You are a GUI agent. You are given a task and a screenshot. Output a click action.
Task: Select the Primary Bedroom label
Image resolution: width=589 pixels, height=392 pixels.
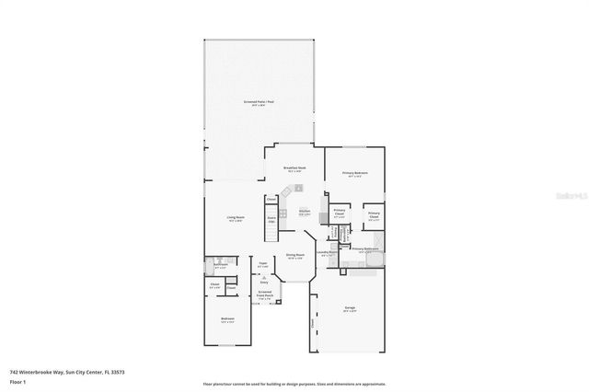[x=354, y=173]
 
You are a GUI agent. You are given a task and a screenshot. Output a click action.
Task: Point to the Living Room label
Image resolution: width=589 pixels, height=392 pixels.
[x=235, y=218]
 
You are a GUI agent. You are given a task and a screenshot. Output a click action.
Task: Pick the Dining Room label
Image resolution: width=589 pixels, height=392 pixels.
[x=294, y=255]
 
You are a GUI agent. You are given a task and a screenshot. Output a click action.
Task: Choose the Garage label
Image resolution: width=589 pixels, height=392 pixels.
[x=349, y=309]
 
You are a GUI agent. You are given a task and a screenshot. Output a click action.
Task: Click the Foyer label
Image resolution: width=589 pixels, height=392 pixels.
[x=262, y=264]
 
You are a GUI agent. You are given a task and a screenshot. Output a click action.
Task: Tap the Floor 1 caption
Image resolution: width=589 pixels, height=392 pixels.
[x=17, y=381]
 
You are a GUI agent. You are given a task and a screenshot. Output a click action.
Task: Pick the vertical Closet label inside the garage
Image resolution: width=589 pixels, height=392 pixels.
[x=313, y=323]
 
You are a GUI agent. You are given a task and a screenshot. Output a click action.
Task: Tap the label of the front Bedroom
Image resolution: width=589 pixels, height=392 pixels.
[x=227, y=320]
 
